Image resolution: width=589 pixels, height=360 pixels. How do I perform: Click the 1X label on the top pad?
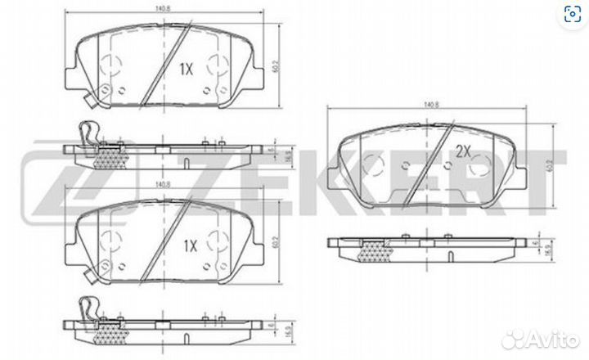pos(186,70)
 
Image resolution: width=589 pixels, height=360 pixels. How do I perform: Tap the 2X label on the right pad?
pos(464,151)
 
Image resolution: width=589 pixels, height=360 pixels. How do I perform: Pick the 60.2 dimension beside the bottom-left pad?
pos(284,241)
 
